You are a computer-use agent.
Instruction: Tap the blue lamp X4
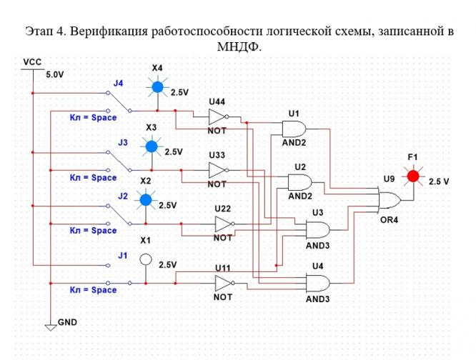click(157, 88)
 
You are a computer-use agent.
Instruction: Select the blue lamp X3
click(151, 147)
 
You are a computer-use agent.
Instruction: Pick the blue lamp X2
click(146, 200)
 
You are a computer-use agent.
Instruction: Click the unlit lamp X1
click(146, 259)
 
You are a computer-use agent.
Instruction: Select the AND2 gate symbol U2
click(299, 182)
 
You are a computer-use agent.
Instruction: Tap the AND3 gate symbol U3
click(317, 229)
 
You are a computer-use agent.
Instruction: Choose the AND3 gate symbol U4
click(317, 284)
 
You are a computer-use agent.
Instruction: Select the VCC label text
click(32, 63)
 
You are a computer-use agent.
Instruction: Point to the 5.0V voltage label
click(55, 74)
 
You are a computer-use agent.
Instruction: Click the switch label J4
click(119, 84)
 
